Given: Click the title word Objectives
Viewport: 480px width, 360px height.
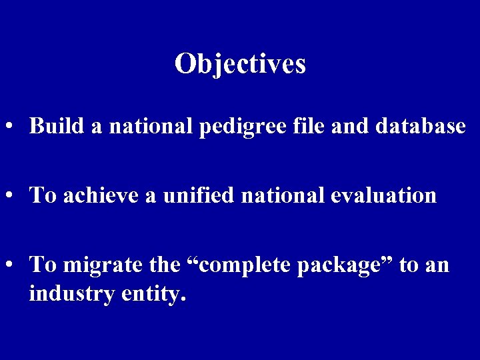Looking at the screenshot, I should pos(240,63).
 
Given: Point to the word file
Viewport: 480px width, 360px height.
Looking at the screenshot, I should pos(302,125).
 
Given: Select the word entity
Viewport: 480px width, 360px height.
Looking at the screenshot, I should pos(153,293).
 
